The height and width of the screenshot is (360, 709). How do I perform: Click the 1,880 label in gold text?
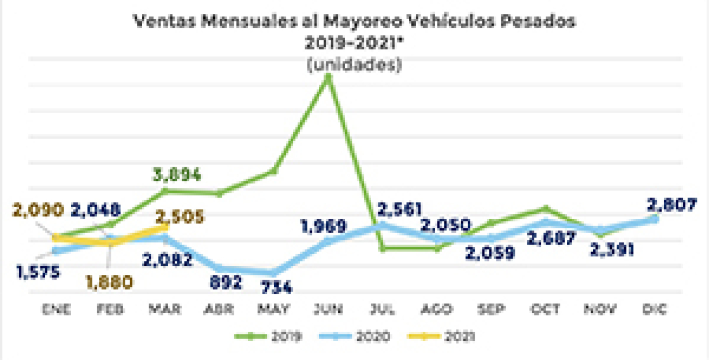(110, 282)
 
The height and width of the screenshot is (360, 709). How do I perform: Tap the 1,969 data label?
(323, 227)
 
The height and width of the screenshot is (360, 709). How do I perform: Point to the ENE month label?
(56, 310)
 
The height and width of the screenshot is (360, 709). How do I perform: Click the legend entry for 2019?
(268, 336)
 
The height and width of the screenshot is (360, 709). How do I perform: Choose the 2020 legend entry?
(354, 336)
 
